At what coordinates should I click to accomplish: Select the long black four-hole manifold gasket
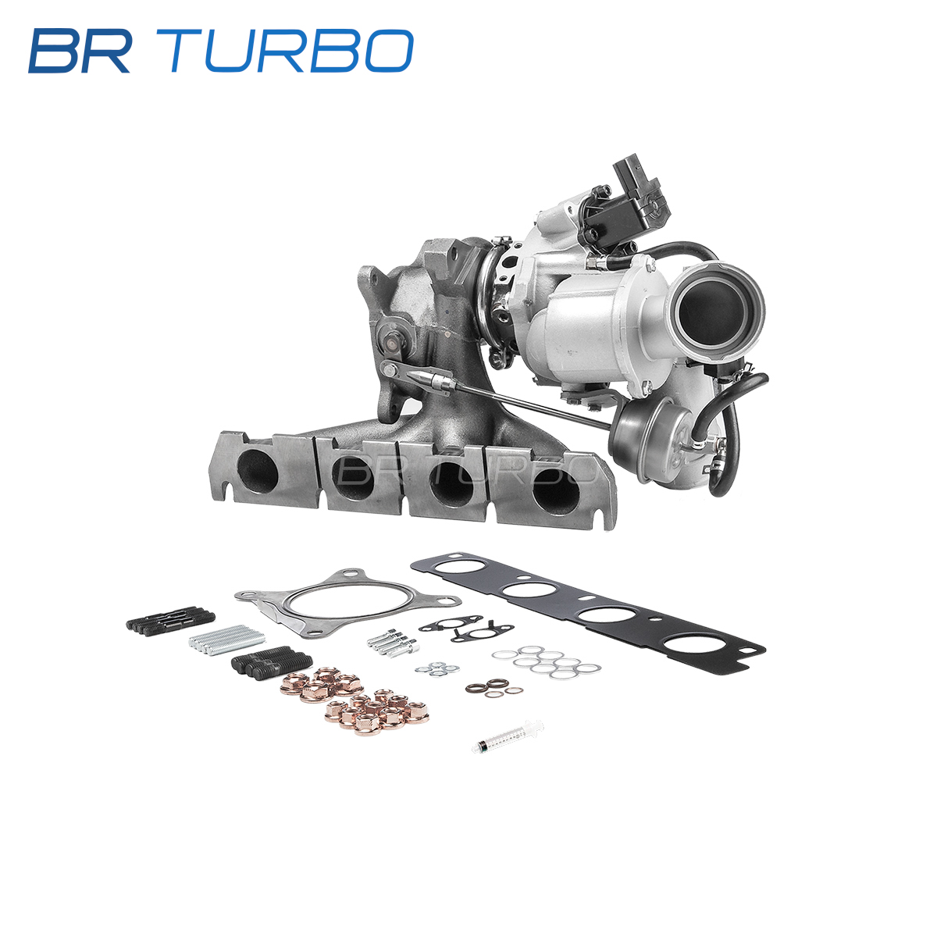click(x=587, y=614)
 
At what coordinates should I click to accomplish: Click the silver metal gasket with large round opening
click(x=347, y=604)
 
